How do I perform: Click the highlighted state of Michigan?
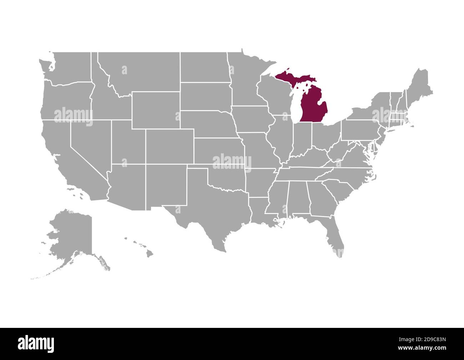(314, 107)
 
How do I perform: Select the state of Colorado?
(170, 146)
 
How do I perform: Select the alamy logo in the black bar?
(36, 344)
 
